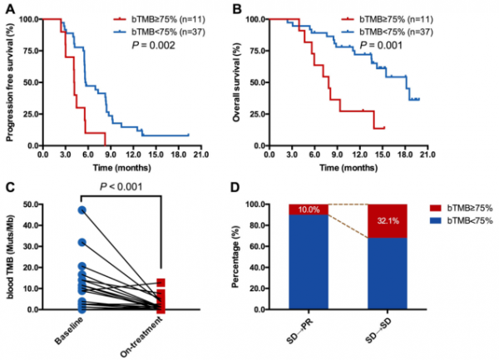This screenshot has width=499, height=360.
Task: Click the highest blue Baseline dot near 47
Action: point(82,210)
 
